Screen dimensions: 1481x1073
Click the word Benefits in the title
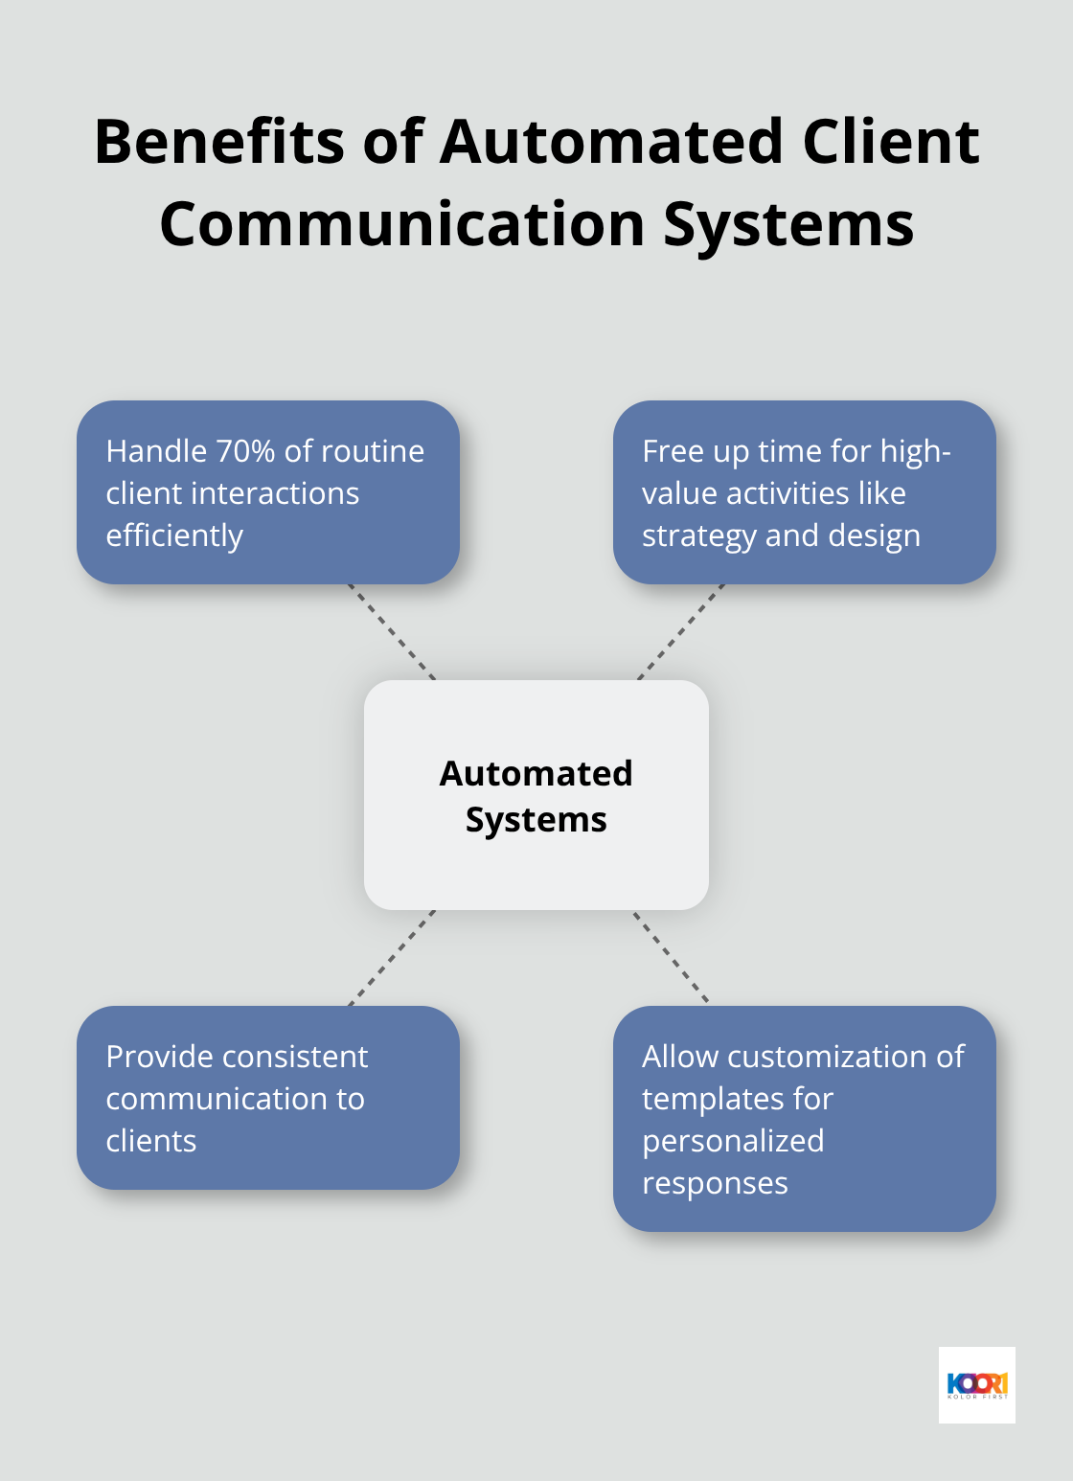click(x=219, y=142)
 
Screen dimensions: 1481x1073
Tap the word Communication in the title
click(x=402, y=224)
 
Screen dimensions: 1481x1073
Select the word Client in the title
click(x=890, y=142)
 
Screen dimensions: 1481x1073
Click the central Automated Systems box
click(x=536, y=795)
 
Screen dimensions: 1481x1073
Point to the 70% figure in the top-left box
click(x=245, y=451)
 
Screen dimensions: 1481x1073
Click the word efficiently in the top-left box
click(x=174, y=535)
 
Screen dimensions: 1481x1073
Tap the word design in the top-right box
click(x=874, y=535)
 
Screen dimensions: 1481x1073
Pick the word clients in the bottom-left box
click(x=151, y=1141)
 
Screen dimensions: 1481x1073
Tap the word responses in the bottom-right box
click(x=715, y=1184)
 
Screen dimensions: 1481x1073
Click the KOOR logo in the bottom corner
click(x=976, y=1385)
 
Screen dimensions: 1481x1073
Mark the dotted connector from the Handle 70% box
click(x=392, y=632)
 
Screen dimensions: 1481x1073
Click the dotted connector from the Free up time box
click(x=681, y=632)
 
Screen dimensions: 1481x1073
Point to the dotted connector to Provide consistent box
click(x=392, y=958)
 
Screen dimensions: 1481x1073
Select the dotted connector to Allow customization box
click(x=671, y=957)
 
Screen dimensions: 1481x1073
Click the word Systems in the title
click(x=788, y=224)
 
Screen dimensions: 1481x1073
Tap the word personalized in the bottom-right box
click(x=733, y=1141)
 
